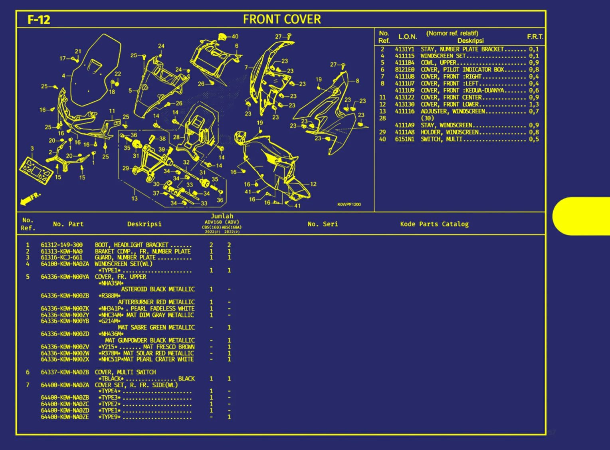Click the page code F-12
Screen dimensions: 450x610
point(39,20)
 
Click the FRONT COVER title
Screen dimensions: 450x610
point(282,19)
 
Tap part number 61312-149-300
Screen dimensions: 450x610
point(61,245)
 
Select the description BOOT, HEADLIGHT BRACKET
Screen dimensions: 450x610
point(131,245)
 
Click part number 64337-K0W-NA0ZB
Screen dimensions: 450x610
point(65,372)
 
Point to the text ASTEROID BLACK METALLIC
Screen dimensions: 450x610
point(158,289)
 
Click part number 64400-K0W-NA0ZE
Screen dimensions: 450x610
point(65,417)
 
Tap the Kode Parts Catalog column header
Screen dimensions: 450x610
point(434,224)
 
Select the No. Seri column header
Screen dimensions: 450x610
point(323,224)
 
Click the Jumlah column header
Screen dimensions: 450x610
point(222,216)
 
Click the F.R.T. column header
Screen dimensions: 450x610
point(535,37)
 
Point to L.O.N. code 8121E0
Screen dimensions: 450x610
point(404,69)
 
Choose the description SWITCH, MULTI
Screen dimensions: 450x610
point(441,139)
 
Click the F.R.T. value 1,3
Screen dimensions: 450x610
point(534,105)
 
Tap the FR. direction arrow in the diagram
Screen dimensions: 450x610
point(30,198)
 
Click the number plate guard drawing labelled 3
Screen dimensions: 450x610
point(36,170)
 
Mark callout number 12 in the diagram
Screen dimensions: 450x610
point(313,184)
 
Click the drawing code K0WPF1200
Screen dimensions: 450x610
point(349,204)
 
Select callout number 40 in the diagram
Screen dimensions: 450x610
point(235,36)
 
